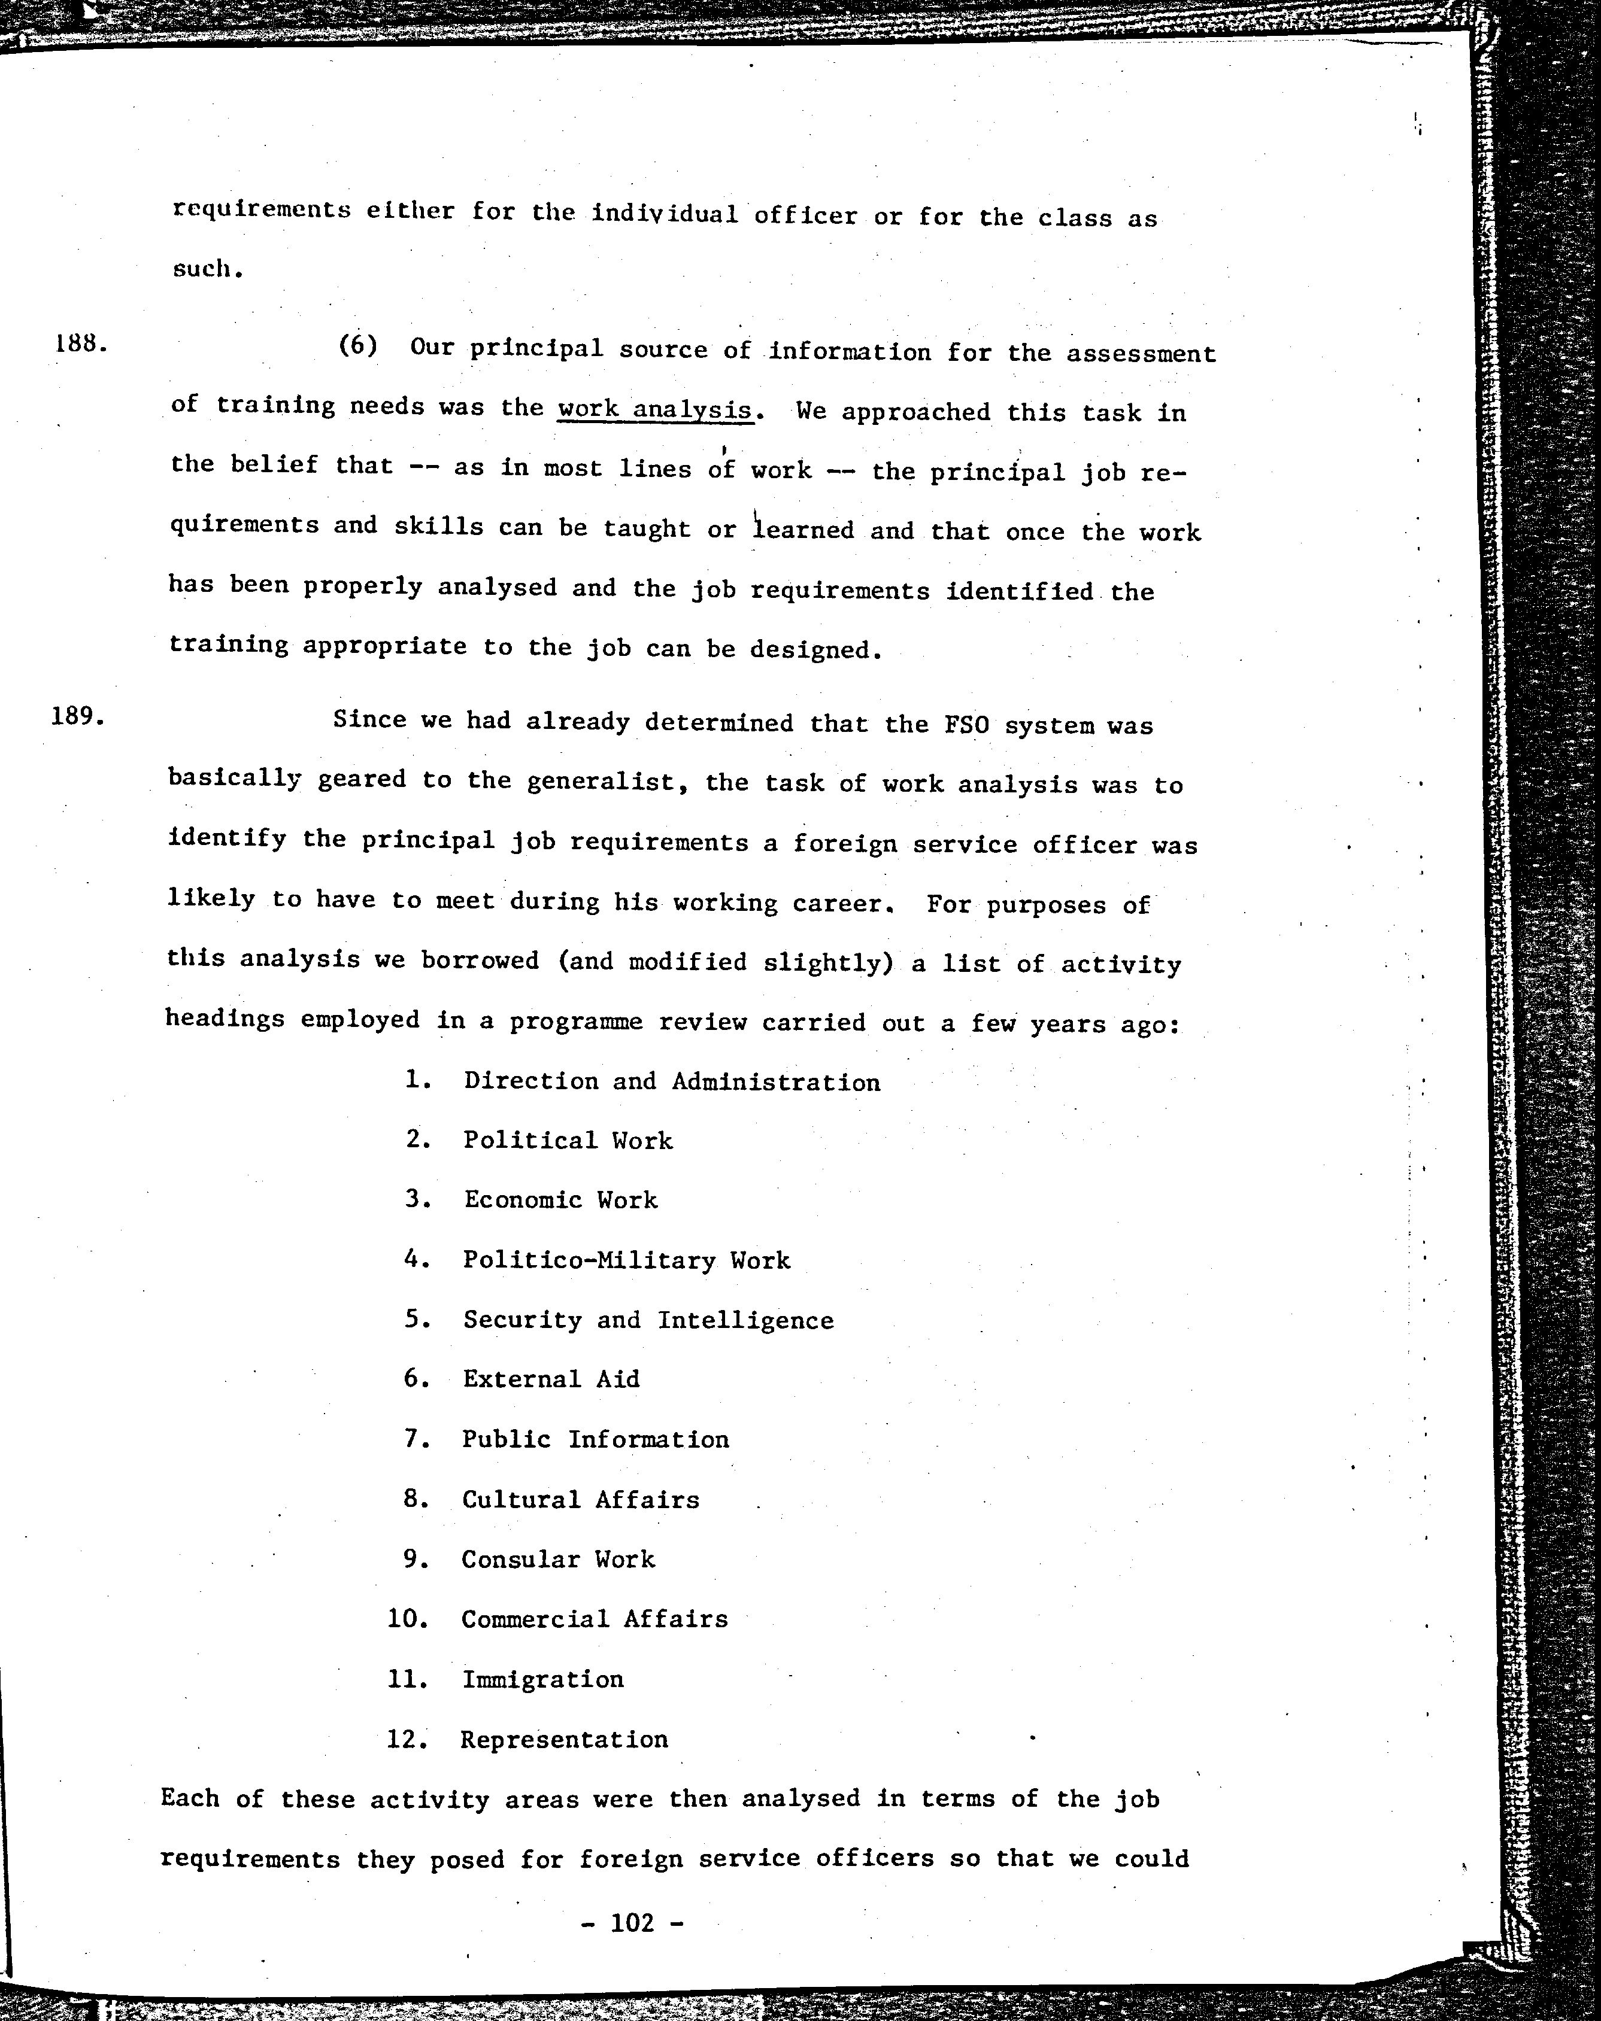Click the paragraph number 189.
tap(80, 717)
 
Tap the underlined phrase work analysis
tap(654, 409)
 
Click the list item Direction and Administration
tap(671, 1081)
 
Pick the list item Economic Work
tap(560, 1201)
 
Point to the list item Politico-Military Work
tap(626, 1260)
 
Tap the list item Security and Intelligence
tap(648, 1320)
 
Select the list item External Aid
tap(551, 1379)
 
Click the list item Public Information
tap(595, 1439)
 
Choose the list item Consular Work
tap(558, 1559)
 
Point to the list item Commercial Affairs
tap(595, 1619)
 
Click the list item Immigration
tap(542, 1679)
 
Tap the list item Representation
tap(564, 1739)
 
